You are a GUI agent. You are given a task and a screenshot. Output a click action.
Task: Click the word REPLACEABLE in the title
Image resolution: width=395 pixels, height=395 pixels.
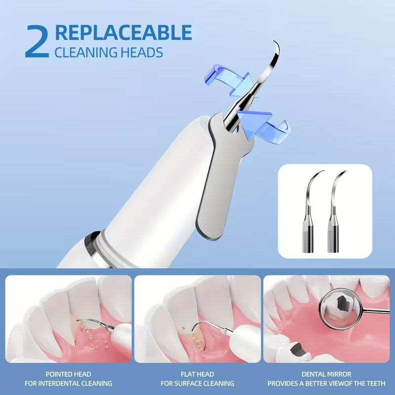point(123,32)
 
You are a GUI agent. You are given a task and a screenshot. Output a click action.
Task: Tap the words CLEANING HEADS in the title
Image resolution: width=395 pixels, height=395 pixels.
point(108,52)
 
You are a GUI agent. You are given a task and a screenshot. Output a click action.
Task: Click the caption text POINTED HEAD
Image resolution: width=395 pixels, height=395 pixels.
point(68,374)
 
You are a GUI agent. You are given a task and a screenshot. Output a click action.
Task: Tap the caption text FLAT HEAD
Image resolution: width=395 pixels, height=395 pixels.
point(197,374)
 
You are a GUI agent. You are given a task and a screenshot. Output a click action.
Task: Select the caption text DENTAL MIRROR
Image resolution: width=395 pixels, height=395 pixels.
point(326,374)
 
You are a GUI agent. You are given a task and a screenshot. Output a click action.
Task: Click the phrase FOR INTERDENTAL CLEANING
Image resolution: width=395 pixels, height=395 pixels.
point(68,384)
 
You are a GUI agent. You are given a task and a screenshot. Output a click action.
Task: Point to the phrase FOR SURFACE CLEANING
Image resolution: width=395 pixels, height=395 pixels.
point(197,384)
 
